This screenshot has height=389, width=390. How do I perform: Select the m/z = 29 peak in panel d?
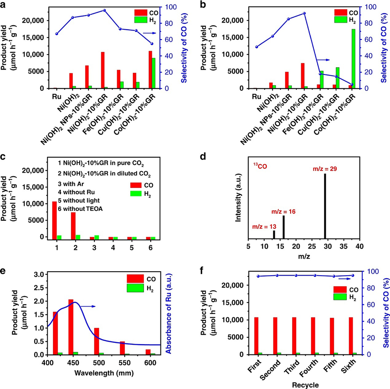(325, 206)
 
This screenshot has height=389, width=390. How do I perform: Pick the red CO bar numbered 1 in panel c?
(55, 220)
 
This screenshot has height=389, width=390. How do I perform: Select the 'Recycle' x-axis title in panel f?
(305, 385)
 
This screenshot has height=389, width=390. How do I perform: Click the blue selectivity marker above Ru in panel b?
(256, 47)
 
